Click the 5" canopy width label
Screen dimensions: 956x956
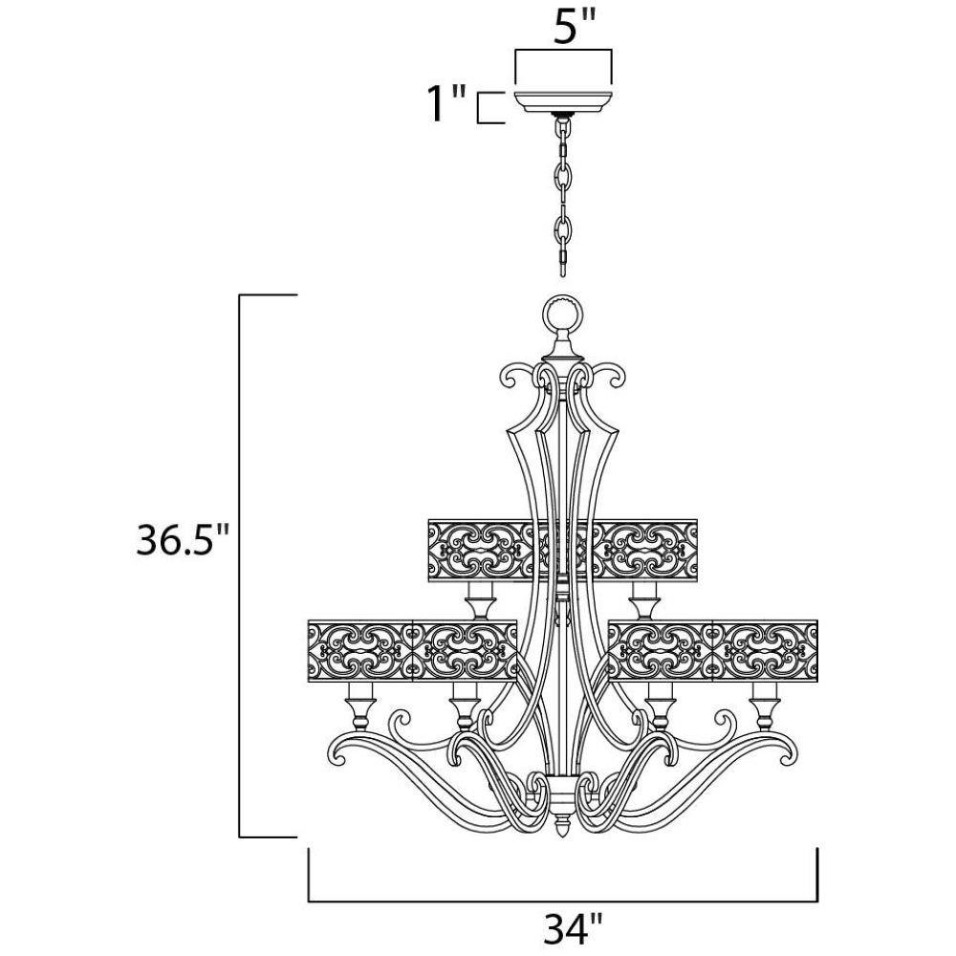tap(573, 26)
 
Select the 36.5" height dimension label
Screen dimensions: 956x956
tap(183, 539)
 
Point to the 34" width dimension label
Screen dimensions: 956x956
tap(573, 927)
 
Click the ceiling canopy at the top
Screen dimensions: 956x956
tap(563, 102)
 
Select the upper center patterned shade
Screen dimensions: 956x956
tap(563, 551)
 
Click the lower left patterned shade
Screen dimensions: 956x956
tap(413, 650)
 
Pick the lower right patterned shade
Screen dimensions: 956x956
tap(713, 650)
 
